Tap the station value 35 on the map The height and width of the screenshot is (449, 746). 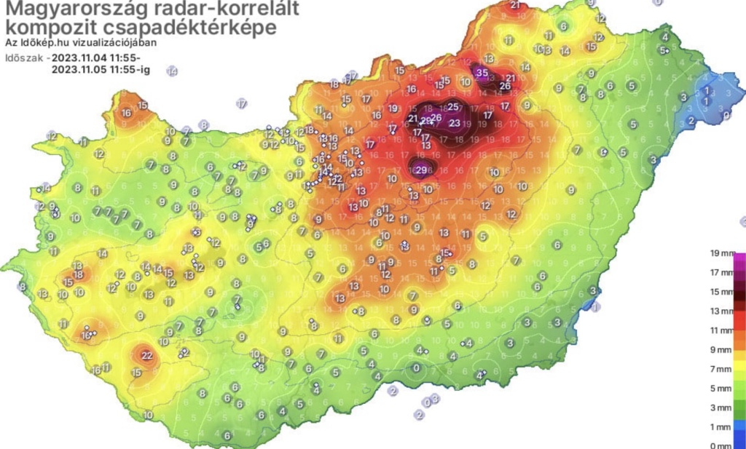[482, 73]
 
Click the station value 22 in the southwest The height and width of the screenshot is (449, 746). [146, 355]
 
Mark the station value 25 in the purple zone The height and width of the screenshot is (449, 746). [452, 108]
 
